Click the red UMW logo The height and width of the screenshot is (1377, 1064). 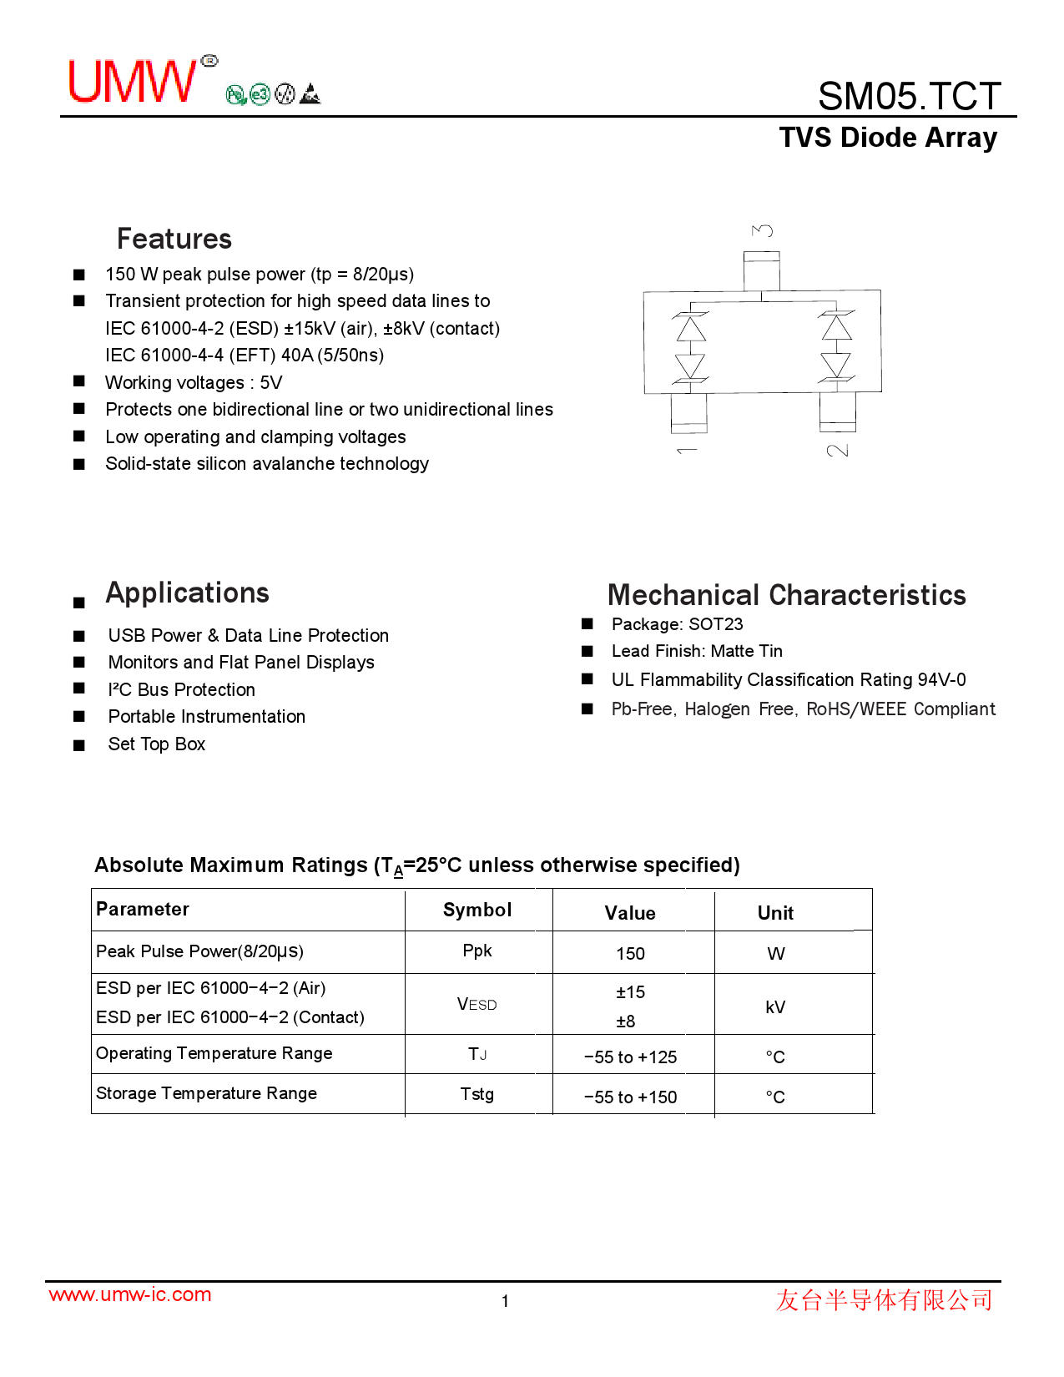click(134, 81)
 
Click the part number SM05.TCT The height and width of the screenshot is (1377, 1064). click(909, 96)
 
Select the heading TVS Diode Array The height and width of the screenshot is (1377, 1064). click(888, 138)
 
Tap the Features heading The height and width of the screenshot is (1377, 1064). click(174, 239)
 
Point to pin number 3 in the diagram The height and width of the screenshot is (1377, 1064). click(762, 230)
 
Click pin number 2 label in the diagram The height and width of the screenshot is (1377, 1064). click(837, 451)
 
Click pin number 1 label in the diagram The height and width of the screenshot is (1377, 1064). click(687, 451)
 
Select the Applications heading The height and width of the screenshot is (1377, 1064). click(187, 593)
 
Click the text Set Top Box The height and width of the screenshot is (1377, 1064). click(157, 744)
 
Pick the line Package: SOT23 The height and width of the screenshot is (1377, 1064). click(677, 624)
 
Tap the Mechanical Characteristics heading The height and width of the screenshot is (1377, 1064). click(786, 595)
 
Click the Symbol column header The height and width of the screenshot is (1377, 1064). click(477, 910)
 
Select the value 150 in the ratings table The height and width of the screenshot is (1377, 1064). click(630, 954)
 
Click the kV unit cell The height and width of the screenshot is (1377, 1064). click(775, 1007)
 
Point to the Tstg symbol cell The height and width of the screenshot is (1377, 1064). click(477, 1094)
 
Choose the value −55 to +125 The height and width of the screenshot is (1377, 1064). click(630, 1057)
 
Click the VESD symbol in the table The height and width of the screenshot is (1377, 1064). click(477, 1005)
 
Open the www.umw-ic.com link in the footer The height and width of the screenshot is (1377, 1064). click(130, 1294)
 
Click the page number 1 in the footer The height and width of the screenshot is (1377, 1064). click(505, 1301)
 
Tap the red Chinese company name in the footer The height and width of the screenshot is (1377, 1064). click(884, 1300)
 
